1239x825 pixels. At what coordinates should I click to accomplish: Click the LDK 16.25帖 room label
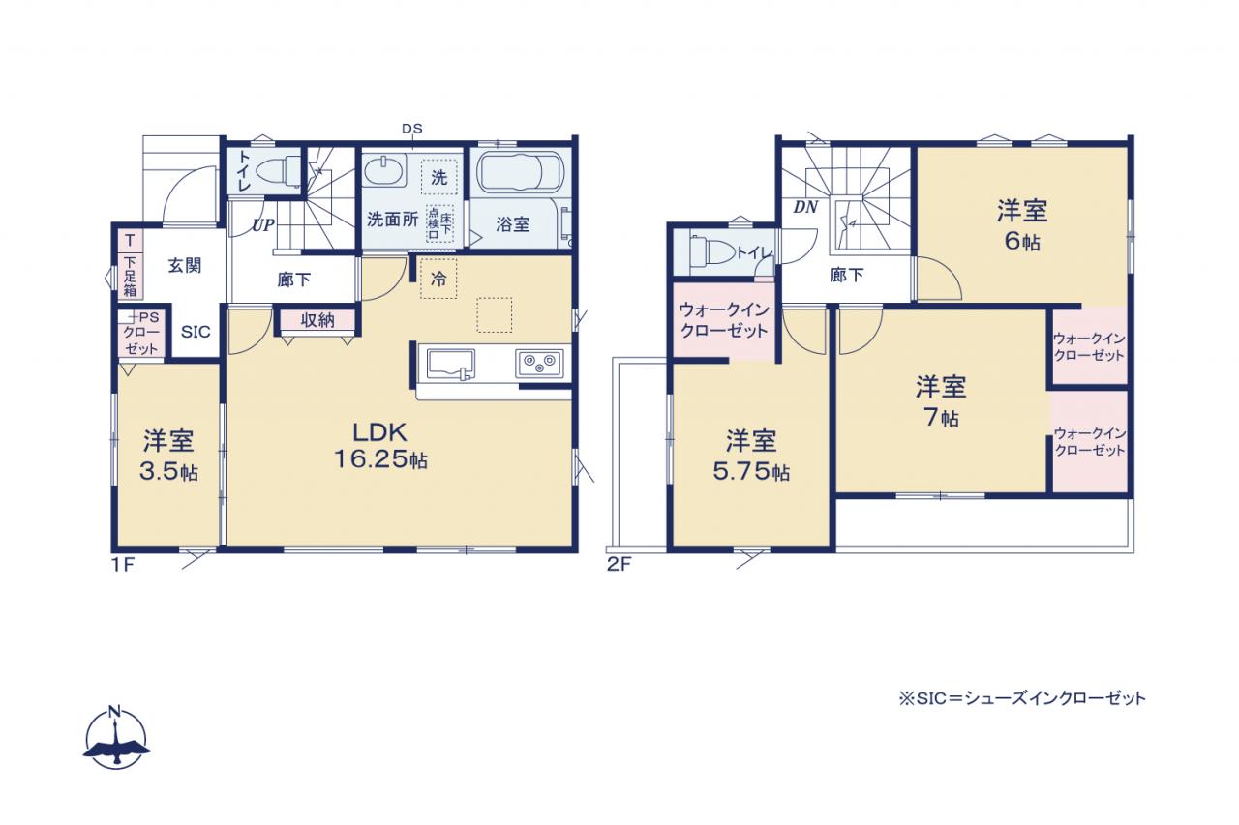[380, 445]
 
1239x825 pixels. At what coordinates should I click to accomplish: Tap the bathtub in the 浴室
[520, 172]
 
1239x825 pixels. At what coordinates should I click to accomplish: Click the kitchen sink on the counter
[450, 365]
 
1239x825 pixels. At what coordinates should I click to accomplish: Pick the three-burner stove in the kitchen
[539, 363]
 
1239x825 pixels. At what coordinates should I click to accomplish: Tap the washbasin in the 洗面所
[384, 170]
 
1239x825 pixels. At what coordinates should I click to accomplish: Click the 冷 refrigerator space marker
[438, 280]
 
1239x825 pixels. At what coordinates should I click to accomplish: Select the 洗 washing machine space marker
[439, 177]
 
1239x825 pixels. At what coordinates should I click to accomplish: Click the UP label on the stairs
[263, 225]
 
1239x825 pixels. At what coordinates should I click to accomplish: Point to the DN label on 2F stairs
[805, 207]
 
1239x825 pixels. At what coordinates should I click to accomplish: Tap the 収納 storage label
[317, 320]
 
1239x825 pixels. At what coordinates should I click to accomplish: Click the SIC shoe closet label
[196, 332]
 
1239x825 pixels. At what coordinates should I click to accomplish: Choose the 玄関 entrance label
[185, 266]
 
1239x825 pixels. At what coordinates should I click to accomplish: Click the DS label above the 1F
[412, 129]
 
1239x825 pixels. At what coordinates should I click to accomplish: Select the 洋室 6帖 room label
[1022, 225]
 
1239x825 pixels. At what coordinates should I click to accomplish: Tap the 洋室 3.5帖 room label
[168, 456]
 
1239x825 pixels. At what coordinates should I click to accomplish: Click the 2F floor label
[619, 564]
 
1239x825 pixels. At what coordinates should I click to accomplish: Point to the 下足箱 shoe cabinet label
[130, 277]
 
